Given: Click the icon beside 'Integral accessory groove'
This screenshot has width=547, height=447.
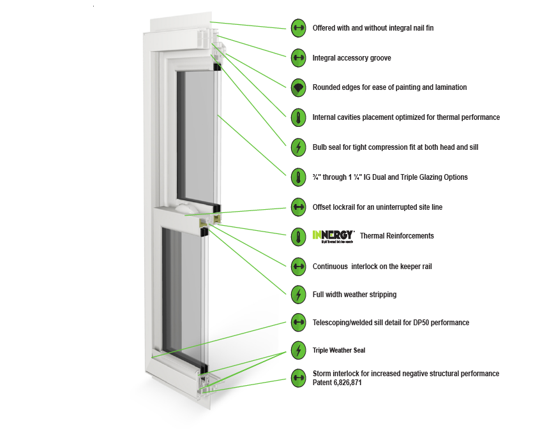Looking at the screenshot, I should tap(298, 57).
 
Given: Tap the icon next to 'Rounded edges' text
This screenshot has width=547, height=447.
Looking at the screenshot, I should tap(298, 87).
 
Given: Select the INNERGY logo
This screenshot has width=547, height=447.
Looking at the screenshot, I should tap(333, 236).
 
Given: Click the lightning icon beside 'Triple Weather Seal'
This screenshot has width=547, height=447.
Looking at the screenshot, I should tap(298, 350).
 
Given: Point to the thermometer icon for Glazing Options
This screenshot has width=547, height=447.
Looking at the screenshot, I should tap(298, 177).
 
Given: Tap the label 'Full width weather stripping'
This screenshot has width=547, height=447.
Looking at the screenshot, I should tap(354, 295).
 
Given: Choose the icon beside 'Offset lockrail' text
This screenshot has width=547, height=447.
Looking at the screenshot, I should tap(298, 207).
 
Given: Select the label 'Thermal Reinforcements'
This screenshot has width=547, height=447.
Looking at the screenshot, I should tap(396, 236).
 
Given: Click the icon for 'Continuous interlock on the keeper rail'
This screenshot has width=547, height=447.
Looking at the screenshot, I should tap(298, 266).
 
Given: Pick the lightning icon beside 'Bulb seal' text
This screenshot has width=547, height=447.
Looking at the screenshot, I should tap(298, 147).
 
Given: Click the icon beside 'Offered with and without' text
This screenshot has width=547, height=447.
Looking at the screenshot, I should tap(298, 28).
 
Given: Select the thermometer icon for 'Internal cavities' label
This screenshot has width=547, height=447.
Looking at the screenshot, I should tap(298, 117).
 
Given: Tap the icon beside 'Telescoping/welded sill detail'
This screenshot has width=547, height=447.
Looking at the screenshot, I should tap(298, 323).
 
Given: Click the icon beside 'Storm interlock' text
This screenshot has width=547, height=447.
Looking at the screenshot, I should tap(298, 378).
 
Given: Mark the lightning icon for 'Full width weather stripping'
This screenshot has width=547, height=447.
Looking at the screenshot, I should tap(298, 295).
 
